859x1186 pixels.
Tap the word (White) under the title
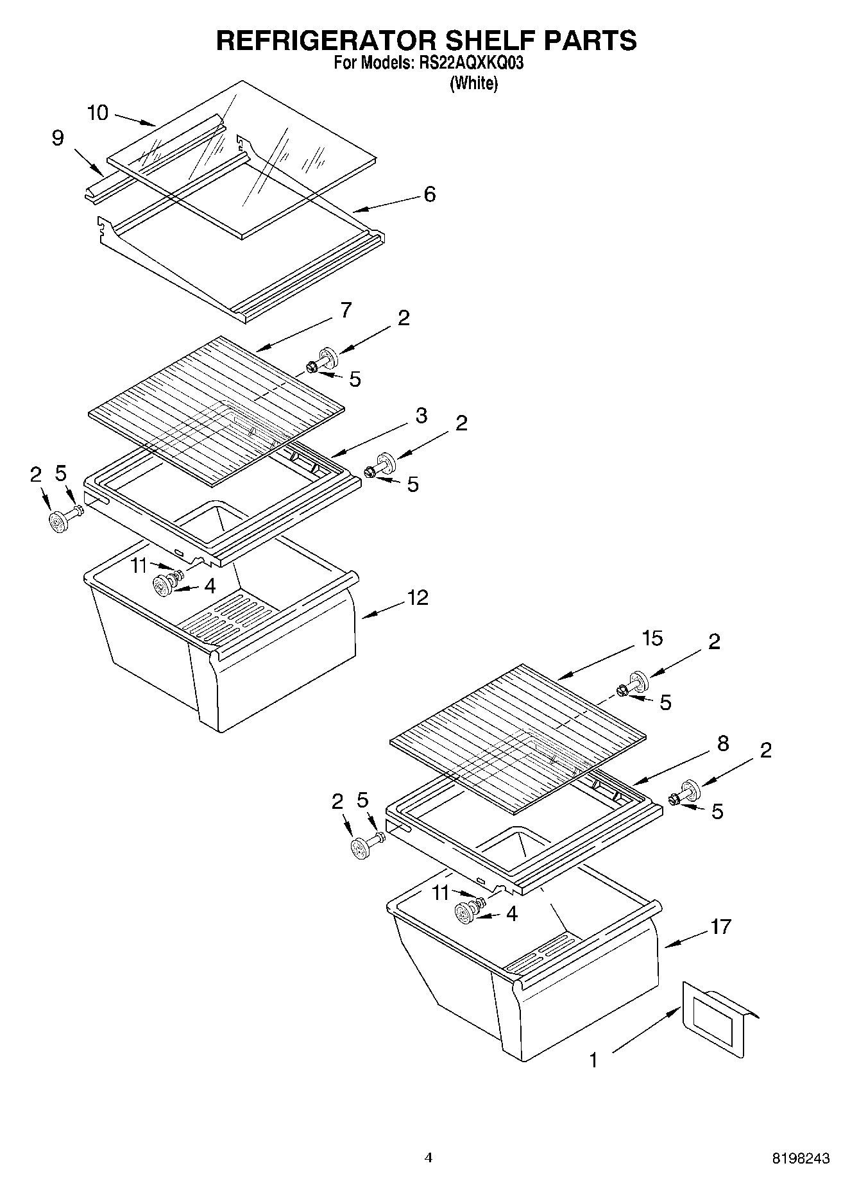pyautogui.click(x=473, y=83)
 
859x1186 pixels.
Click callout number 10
pyautogui.click(x=98, y=114)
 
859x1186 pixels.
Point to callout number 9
pyautogui.click(x=58, y=138)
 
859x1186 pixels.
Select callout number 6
pyautogui.click(x=429, y=194)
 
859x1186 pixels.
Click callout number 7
pyautogui.click(x=346, y=310)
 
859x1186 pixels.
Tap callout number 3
pyautogui.click(x=421, y=416)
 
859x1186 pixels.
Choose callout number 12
pyautogui.click(x=418, y=598)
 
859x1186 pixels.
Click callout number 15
pyautogui.click(x=652, y=639)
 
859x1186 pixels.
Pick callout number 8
pyautogui.click(x=722, y=743)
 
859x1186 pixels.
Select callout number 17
pyautogui.click(x=721, y=926)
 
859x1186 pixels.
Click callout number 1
pyautogui.click(x=593, y=1060)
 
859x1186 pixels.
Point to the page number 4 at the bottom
pyautogui.click(x=429, y=1158)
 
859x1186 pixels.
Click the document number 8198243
pyautogui.click(x=801, y=1158)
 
